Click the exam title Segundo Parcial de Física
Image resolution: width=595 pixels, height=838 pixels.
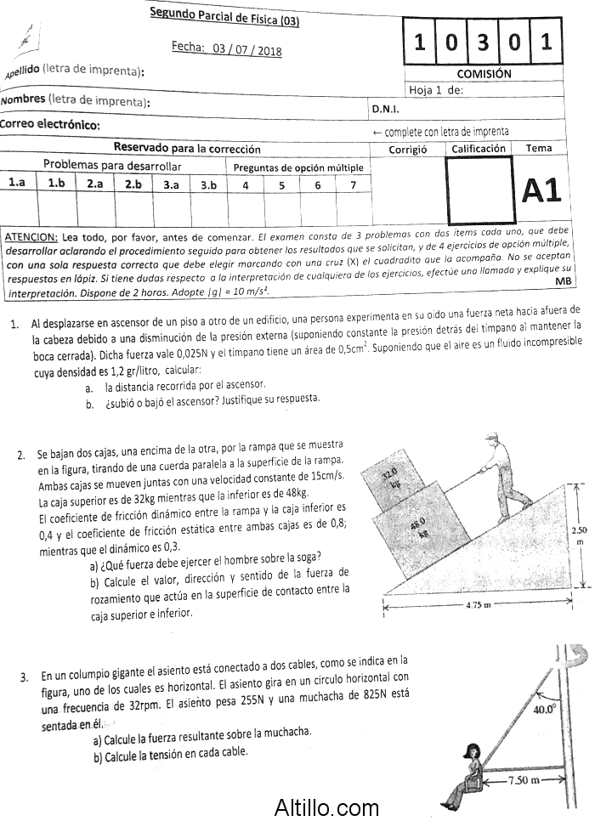224,17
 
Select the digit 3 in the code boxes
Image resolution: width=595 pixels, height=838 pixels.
483,42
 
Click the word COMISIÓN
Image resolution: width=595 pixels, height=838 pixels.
484,74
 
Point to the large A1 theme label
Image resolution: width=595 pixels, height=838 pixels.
541,192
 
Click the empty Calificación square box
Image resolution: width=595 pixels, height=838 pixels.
479,191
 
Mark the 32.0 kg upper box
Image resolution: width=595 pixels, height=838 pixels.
392,480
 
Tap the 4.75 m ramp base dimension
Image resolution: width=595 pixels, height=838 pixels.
481,605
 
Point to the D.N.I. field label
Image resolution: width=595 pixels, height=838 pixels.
385,109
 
